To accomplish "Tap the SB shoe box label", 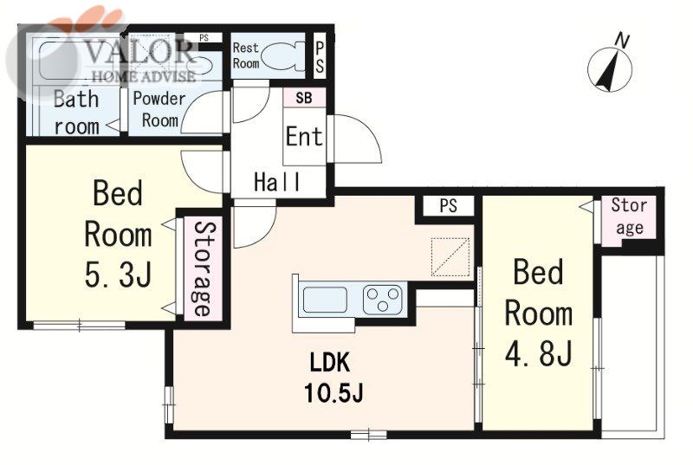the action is [x=304, y=98].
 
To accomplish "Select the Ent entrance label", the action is [x=304, y=136].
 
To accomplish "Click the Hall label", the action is [x=277, y=182].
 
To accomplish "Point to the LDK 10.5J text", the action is [x=334, y=378].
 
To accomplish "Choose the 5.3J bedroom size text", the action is [x=119, y=274].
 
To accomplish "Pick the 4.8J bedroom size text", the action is [x=539, y=353].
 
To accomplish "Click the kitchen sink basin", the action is [x=325, y=300].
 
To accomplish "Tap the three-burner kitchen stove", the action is [x=383, y=300].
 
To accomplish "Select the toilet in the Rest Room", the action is [x=282, y=56].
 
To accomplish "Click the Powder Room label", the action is [x=159, y=109].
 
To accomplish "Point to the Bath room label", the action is [x=76, y=113].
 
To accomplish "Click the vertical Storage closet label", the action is [x=204, y=268].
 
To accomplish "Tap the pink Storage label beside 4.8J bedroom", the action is [x=629, y=216].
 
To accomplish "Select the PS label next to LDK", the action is [x=448, y=206].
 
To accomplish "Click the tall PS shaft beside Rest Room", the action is [x=320, y=55].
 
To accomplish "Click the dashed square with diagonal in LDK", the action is [x=450, y=257].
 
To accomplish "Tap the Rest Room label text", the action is [x=246, y=55].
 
